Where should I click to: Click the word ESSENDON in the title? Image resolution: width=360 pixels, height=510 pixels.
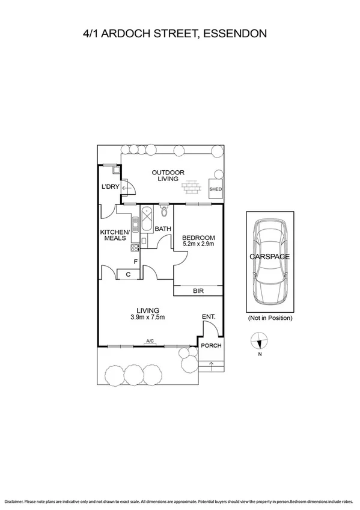coord(234,34)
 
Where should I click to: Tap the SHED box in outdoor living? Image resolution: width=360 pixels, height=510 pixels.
coord(215,189)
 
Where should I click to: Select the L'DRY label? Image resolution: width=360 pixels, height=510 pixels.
coord(110,187)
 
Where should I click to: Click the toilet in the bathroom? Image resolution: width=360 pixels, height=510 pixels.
coord(164,212)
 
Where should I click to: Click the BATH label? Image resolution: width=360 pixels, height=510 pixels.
coord(163,229)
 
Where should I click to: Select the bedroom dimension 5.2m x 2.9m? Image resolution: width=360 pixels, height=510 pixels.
coord(198,245)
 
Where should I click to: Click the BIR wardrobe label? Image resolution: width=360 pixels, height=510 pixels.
coord(198,290)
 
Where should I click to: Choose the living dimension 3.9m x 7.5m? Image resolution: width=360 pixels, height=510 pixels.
coord(147,318)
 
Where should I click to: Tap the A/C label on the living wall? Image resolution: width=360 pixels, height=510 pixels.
coord(150,342)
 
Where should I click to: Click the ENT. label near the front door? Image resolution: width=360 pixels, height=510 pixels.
coord(209,316)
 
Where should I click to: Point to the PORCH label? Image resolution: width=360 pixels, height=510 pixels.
coord(210,345)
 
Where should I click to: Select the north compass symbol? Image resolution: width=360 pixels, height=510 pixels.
coord(259,342)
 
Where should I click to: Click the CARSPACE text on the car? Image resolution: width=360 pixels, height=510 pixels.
coord(269,257)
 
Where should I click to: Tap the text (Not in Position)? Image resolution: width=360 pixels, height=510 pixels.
coord(270,318)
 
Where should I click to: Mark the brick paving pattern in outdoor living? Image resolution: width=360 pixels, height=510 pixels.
coord(192,188)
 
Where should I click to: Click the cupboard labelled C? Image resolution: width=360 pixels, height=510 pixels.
coord(129,275)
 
